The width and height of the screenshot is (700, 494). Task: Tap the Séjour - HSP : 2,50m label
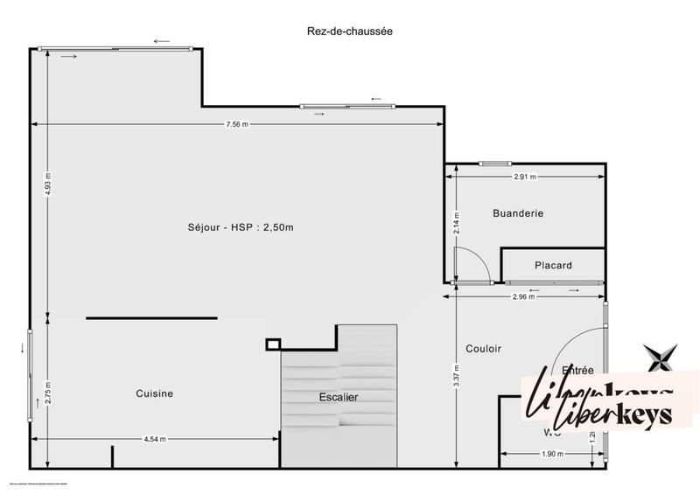(241, 227)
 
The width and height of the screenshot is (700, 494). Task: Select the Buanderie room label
(518, 212)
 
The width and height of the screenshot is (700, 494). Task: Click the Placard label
(553, 266)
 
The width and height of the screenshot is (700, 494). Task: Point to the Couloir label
(483, 348)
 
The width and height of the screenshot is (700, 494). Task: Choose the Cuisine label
(154, 393)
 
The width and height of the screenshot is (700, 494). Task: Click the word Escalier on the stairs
(338, 397)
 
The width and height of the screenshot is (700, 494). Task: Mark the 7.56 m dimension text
(237, 124)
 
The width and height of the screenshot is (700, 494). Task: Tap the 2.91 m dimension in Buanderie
(525, 177)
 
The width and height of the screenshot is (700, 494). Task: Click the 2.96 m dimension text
(525, 296)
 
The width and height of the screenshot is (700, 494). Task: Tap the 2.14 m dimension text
(456, 222)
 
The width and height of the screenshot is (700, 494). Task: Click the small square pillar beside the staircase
(273, 344)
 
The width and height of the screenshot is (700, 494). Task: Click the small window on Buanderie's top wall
(494, 164)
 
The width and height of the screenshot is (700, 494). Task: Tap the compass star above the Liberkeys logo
(661, 358)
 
